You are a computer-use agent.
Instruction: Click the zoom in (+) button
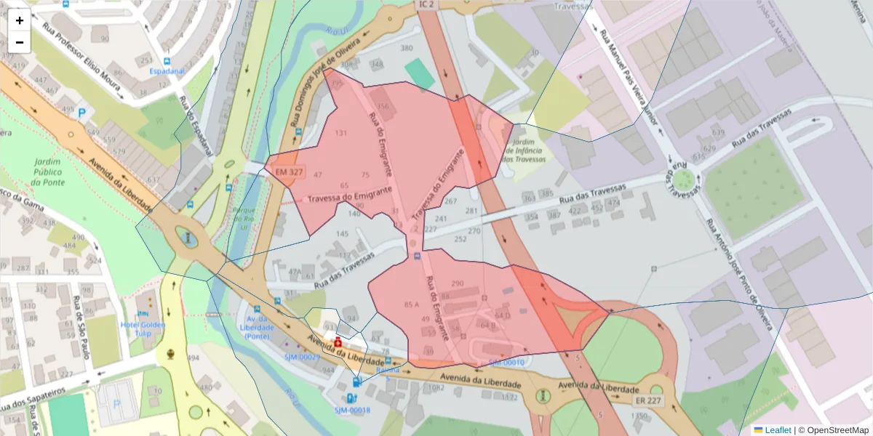click(20, 20)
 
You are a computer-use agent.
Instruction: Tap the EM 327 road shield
click(285, 172)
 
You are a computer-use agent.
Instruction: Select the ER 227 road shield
click(647, 400)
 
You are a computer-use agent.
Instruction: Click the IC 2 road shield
click(426, 4)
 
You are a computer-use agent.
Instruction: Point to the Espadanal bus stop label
click(167, 72)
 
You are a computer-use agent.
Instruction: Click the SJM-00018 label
click(352, 411)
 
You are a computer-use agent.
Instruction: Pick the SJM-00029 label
click(302, 357)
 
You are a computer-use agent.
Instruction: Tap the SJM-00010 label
click(506, 362)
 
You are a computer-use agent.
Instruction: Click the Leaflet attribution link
click(778, 430)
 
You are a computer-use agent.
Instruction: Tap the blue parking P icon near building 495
click(81, 113)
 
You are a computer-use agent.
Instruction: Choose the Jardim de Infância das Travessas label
click(524, 150)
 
